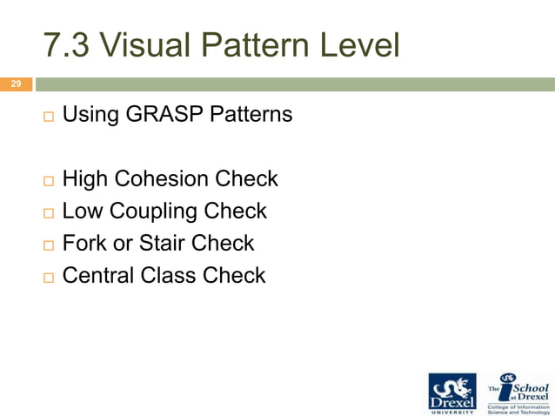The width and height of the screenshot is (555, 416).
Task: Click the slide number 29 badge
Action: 15,84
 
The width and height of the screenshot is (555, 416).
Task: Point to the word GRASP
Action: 162,114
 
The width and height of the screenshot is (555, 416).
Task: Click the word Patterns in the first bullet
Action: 253,114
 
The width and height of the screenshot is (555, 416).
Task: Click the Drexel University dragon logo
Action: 452,392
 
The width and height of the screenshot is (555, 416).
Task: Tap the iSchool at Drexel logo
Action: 518,392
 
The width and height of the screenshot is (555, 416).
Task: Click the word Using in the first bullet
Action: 90,114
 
